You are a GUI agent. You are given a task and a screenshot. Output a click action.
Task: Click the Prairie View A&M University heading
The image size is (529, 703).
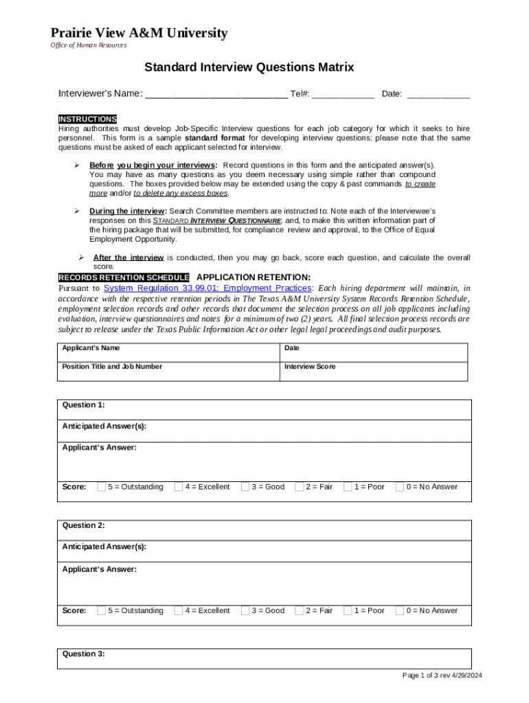click(x=138, y=33)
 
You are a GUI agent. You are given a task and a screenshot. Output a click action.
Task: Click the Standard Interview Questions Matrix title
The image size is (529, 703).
click(x=249, y=67)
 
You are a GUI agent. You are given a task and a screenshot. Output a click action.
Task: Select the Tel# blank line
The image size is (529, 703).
click(x=343, y=94)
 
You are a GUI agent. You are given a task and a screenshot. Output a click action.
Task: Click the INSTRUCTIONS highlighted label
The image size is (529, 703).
click(x=87, y=119)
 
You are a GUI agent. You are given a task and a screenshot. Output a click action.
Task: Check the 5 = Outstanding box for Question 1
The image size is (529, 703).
click(x=102, y=487)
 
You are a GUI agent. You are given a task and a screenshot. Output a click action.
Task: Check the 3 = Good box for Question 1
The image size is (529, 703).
click(x=245, y=487)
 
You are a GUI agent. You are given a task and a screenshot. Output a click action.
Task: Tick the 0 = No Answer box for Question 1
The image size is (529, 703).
click(x=400, y=487)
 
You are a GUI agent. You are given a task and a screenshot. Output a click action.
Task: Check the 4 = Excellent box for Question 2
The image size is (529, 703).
click(x=179, y=610)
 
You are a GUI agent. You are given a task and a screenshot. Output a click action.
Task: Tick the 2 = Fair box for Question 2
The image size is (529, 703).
click(x=300, y=610)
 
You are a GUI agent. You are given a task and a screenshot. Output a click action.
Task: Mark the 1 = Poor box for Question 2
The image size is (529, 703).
click(x=348, y=610)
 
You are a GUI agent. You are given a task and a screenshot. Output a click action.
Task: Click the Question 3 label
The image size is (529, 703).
click(x=84, y=654)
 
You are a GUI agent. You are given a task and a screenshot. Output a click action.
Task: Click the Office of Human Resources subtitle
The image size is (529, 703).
click(x=89, y=45)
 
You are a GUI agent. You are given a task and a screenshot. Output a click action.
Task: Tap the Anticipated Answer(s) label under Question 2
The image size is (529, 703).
click(x=104, y=546)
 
